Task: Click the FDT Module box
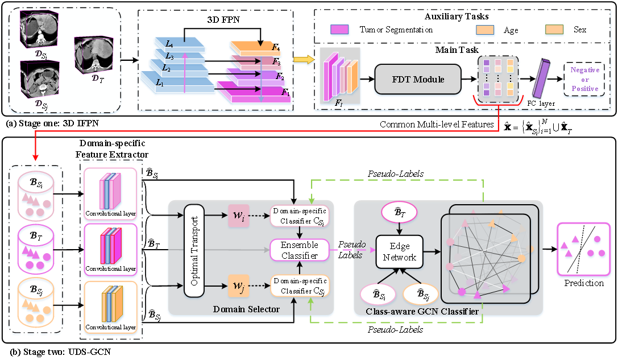[418, 79]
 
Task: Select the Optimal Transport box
[194, 251]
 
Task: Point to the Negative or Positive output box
[584, 79]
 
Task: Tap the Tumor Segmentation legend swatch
[339, 29]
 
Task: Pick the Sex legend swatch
[554, 29]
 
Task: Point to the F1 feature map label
[286, 92]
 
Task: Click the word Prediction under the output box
[584, 283]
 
